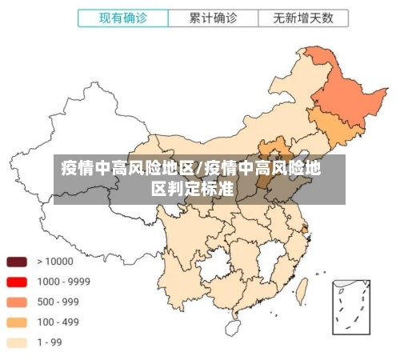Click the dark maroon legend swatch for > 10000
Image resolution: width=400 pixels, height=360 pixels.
[17, 261]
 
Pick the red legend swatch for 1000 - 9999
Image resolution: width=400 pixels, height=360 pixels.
[17, 282]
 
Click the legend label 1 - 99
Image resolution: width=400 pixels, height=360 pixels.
[50, 342]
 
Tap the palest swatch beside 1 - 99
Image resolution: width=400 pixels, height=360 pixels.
[17, 342]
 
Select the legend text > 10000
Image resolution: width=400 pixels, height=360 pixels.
[55, 261]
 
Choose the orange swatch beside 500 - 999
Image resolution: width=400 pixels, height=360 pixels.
[17, 302]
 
